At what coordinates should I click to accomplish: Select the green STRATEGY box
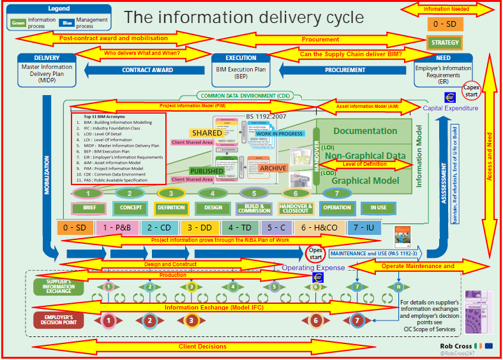point(445,43)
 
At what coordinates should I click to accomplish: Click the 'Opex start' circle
point(315,253)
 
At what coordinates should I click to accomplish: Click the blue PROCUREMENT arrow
point(345,70)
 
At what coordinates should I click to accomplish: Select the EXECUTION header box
point(241,58)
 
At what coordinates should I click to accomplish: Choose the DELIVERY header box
point(47,58)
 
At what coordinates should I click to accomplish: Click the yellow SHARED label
point(207,133)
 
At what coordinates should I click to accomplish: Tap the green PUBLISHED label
point(207,171)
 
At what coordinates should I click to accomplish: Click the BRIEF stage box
point(89,207)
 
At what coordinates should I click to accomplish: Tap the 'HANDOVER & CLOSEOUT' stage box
point(296,207)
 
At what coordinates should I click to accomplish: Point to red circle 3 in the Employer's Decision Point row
point(191,320)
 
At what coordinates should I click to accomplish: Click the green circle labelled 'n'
point(398,287)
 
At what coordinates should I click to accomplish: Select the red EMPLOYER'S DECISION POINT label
point(59,320)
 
